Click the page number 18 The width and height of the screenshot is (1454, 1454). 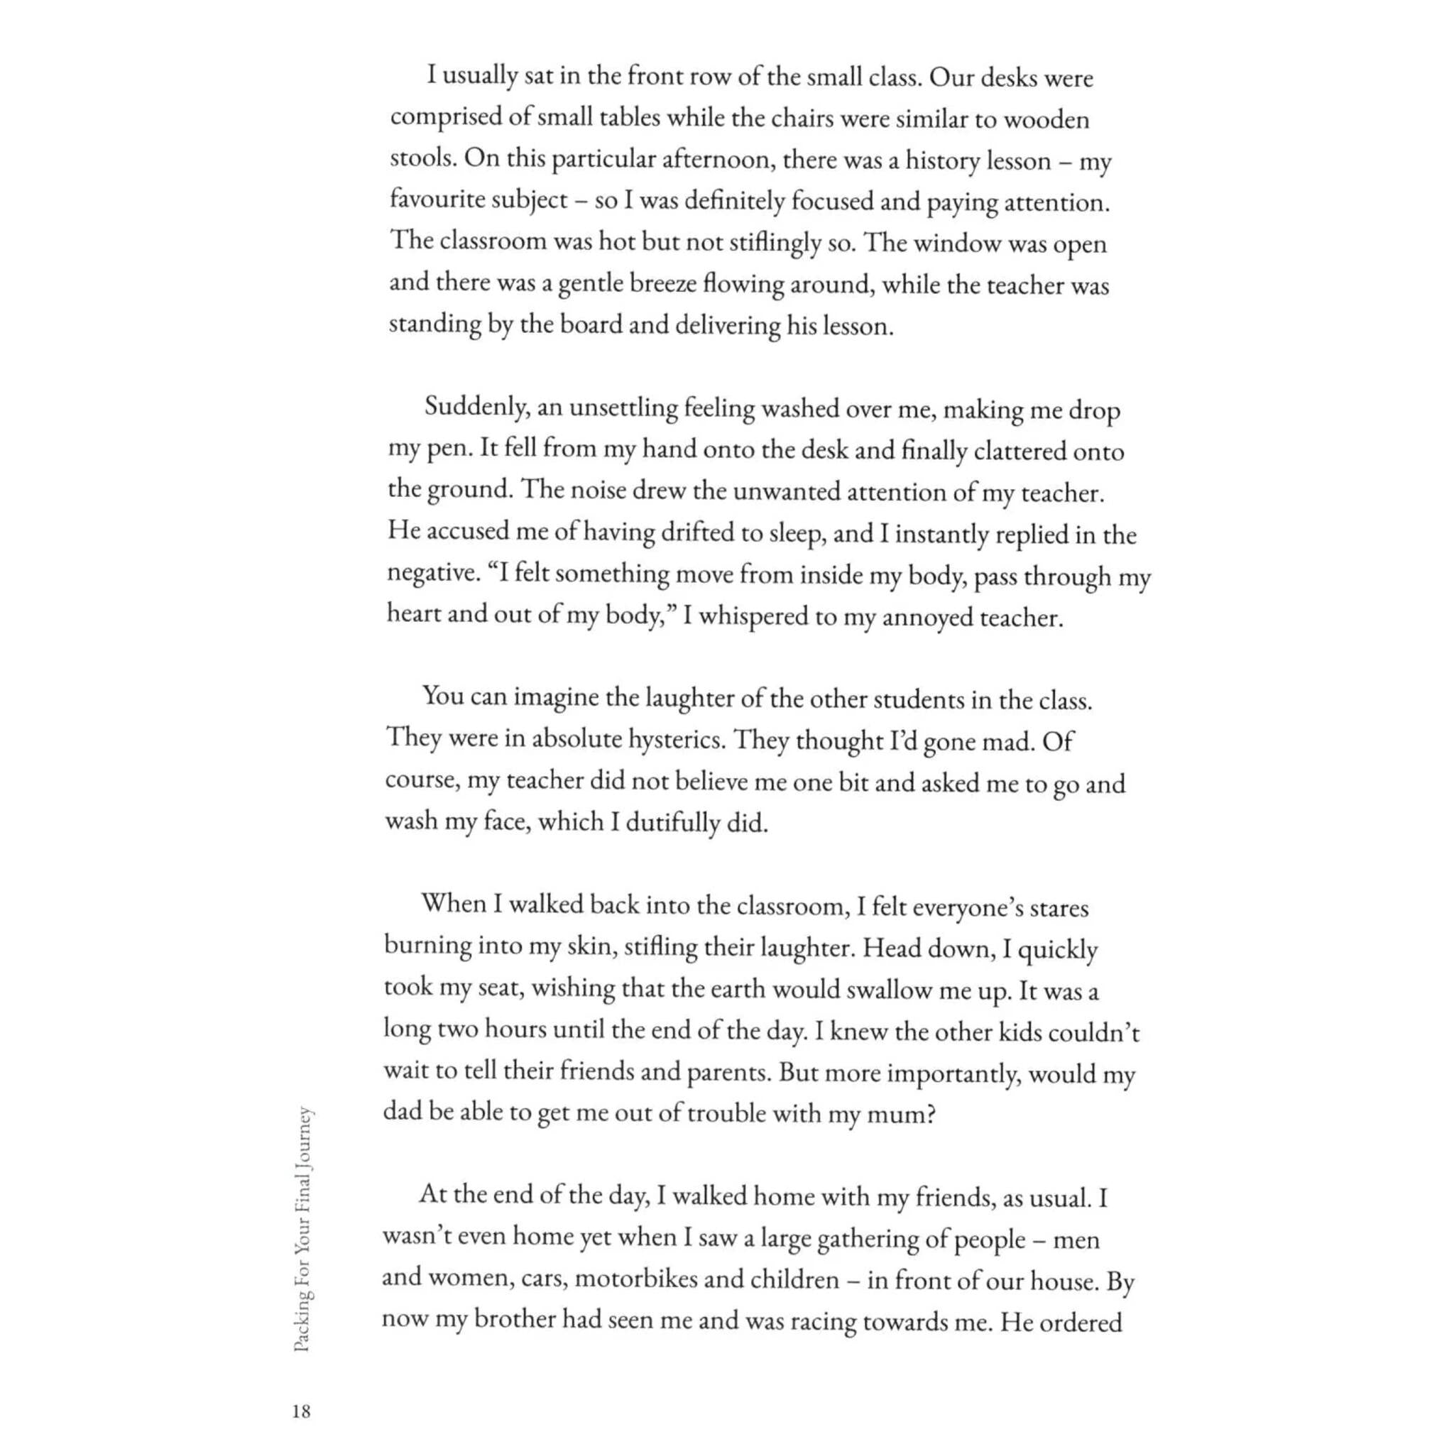[x=301, y=1412]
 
